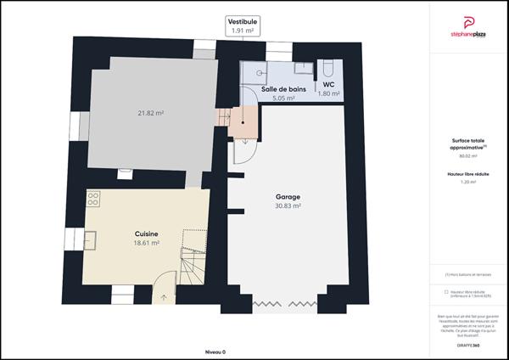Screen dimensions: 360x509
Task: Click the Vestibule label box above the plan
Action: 243,25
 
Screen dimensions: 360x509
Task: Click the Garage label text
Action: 288,195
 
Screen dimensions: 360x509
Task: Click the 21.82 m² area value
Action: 151,113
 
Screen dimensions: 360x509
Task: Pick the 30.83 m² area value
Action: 288,205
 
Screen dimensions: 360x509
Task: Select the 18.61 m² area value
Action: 147,243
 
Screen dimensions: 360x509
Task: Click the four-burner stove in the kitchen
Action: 93,199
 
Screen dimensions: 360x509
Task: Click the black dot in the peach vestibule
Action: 243,121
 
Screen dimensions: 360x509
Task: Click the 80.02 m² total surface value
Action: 467,156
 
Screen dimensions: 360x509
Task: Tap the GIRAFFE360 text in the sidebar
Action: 467,346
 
